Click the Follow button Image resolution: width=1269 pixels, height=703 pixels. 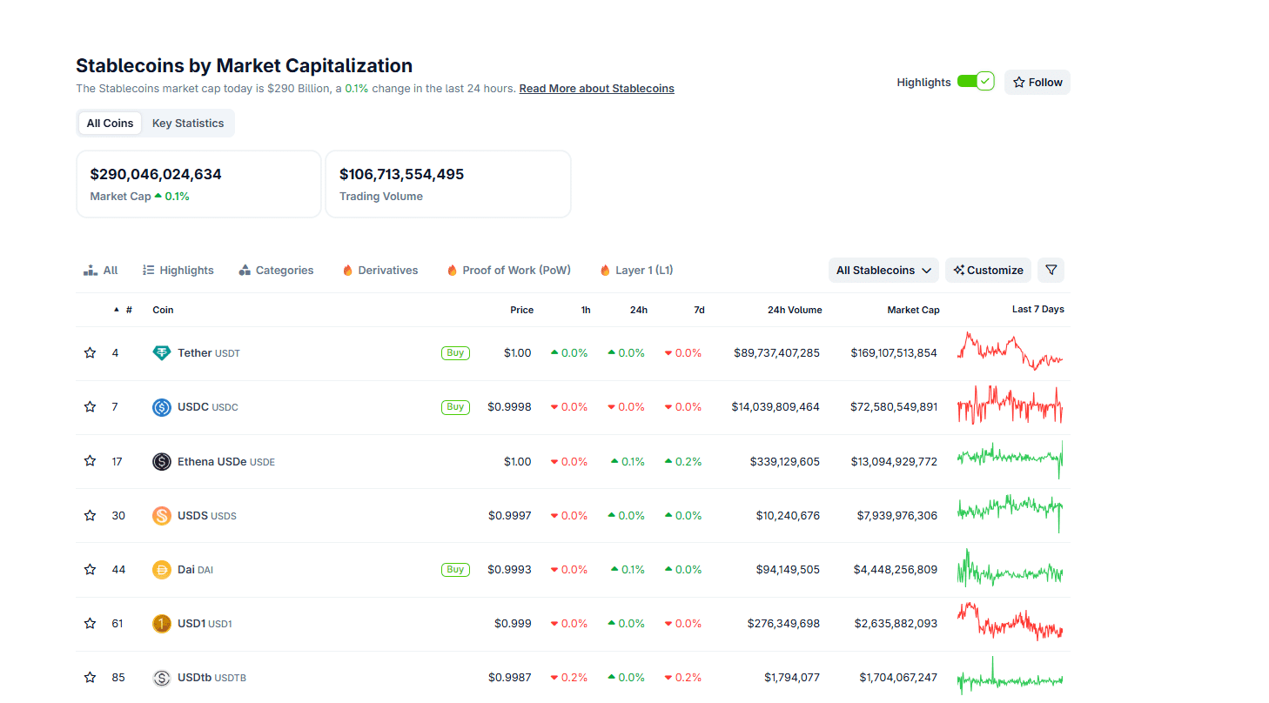pos(1037,83)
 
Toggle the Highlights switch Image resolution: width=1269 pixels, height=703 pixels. pos(975,82)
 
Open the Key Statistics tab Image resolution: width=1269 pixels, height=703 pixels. pos(188,124)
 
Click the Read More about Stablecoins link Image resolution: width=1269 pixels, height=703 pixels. pos(596,89)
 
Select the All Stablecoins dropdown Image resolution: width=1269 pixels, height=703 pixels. pos(883,271)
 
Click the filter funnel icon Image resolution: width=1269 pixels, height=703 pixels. pos(1051,271)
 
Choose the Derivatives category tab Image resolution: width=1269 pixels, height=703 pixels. pos(380,271)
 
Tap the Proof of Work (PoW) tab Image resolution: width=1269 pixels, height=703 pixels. pos(509,271)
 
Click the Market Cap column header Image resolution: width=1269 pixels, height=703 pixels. pos(913,310)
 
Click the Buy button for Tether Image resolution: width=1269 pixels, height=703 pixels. pos(455,353)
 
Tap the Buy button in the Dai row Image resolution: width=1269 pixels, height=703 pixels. pos(455,570)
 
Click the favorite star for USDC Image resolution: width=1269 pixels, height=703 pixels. pos(90,407)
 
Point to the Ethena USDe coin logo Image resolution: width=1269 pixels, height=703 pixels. pos(162,462)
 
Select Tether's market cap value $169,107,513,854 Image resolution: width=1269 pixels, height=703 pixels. pos(894,353)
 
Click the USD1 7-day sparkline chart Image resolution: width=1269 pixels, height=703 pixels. pos(1010,623)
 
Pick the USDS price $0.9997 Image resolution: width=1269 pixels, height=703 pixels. pos(509,516)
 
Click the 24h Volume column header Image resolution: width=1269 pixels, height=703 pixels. pos(794,310)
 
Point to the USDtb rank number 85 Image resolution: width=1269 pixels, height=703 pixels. pos(118,678)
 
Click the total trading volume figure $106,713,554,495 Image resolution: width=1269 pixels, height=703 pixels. pos(401,175)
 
